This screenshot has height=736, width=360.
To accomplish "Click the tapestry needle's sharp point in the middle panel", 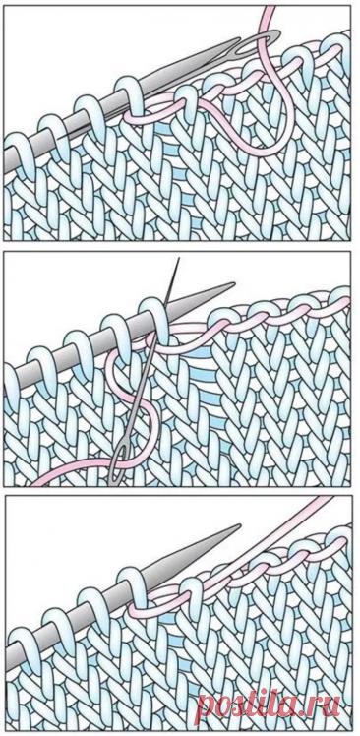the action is (x=177, y=259).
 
